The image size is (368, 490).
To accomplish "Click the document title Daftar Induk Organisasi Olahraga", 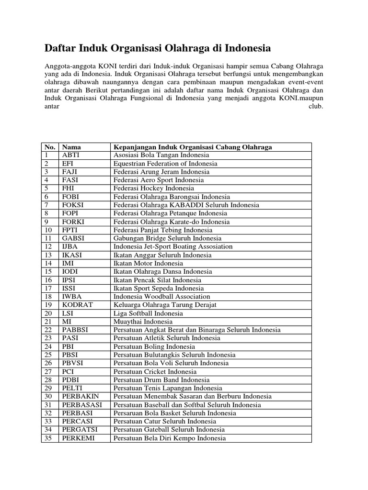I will coord(158,48).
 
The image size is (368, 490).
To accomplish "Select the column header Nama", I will coord(71,147).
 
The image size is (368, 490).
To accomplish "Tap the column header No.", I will coord(50,147).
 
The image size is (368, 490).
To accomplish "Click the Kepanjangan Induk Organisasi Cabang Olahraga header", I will coord(196,147).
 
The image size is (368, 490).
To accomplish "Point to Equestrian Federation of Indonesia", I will coord(165,163).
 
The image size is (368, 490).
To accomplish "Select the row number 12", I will coord(48,246).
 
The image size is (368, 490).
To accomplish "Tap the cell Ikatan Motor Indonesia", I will coord(148,263).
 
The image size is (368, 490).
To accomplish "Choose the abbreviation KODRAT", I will coord(77,305).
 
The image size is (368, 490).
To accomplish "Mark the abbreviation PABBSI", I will coord(75,330).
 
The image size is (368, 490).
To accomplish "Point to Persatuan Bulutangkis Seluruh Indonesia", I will coord(174,355).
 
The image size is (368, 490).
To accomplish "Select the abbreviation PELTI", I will coord(72,388).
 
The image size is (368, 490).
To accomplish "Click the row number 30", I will coord(48,396).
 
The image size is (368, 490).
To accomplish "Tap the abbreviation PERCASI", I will coord(77,421).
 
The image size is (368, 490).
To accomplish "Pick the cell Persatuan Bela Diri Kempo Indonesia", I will coord(169,438).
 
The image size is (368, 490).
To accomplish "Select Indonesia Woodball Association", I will coord(161,296).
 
